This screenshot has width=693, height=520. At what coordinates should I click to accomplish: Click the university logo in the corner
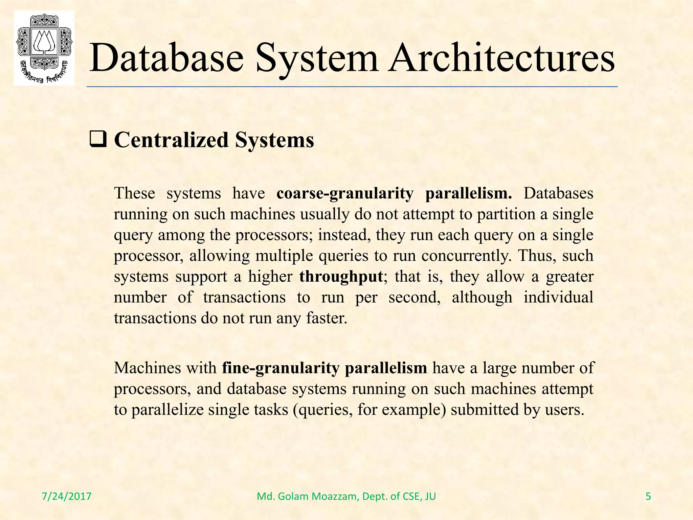44,48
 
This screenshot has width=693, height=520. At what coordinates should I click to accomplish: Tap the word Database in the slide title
166,58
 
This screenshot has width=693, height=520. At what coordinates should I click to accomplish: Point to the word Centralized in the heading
172,140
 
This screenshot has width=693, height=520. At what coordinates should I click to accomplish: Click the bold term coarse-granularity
345,193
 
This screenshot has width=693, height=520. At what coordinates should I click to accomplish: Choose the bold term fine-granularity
281,368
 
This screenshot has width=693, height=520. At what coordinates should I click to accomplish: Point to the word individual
558,297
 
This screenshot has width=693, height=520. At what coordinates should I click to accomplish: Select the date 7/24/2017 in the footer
67,496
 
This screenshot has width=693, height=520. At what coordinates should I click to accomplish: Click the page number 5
648,496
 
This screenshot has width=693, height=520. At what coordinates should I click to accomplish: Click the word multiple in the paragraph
284,256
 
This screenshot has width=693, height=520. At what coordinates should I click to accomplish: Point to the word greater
570,277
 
